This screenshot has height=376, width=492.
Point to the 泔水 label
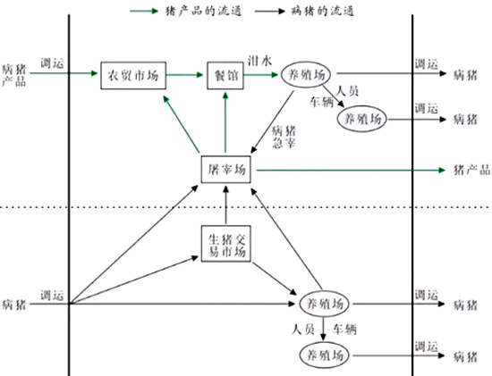259,61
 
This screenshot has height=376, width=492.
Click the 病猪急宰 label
284,137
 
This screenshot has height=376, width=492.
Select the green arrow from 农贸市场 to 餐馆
184,75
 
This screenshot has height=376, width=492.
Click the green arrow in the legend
144,12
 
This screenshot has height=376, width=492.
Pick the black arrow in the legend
270,12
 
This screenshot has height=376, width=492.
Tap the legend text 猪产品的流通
204,12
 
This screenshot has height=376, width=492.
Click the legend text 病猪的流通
323,12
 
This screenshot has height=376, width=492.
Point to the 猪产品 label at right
472,170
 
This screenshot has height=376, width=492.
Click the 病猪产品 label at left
14,75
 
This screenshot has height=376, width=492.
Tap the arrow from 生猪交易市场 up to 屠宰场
225,205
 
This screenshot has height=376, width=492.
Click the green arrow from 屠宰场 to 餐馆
225,122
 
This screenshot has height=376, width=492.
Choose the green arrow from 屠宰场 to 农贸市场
182,124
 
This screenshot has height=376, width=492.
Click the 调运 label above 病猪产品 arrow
52,63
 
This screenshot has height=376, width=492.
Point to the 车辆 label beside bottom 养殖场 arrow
344,329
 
